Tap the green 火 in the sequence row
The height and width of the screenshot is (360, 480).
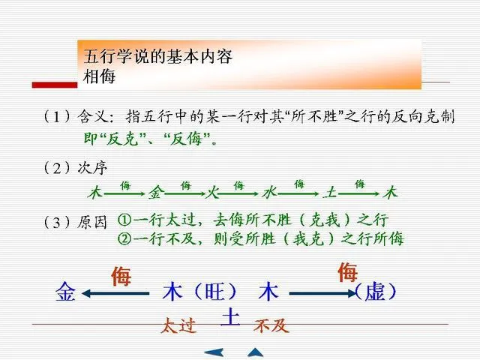pyautogui.click(x=212, y=193)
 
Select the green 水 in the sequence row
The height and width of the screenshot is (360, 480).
pyautogui.click(x=269, y=193)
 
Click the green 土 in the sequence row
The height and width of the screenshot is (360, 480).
pyautogui.click(x=329, y=193)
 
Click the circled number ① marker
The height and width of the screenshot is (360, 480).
pyautogui.click(x=124, y=221)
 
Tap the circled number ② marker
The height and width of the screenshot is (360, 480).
pyautogui.click(x=124, y=239)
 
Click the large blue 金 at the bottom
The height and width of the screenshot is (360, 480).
pyautogui.click(x=65, y=292)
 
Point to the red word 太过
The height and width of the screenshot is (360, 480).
pyautogui.click(x=178, y=326)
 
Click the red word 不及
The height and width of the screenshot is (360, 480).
pyautogui.click(x=271, y=326)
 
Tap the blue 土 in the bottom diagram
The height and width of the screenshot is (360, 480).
pyautogui.click(x=229, y=317)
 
